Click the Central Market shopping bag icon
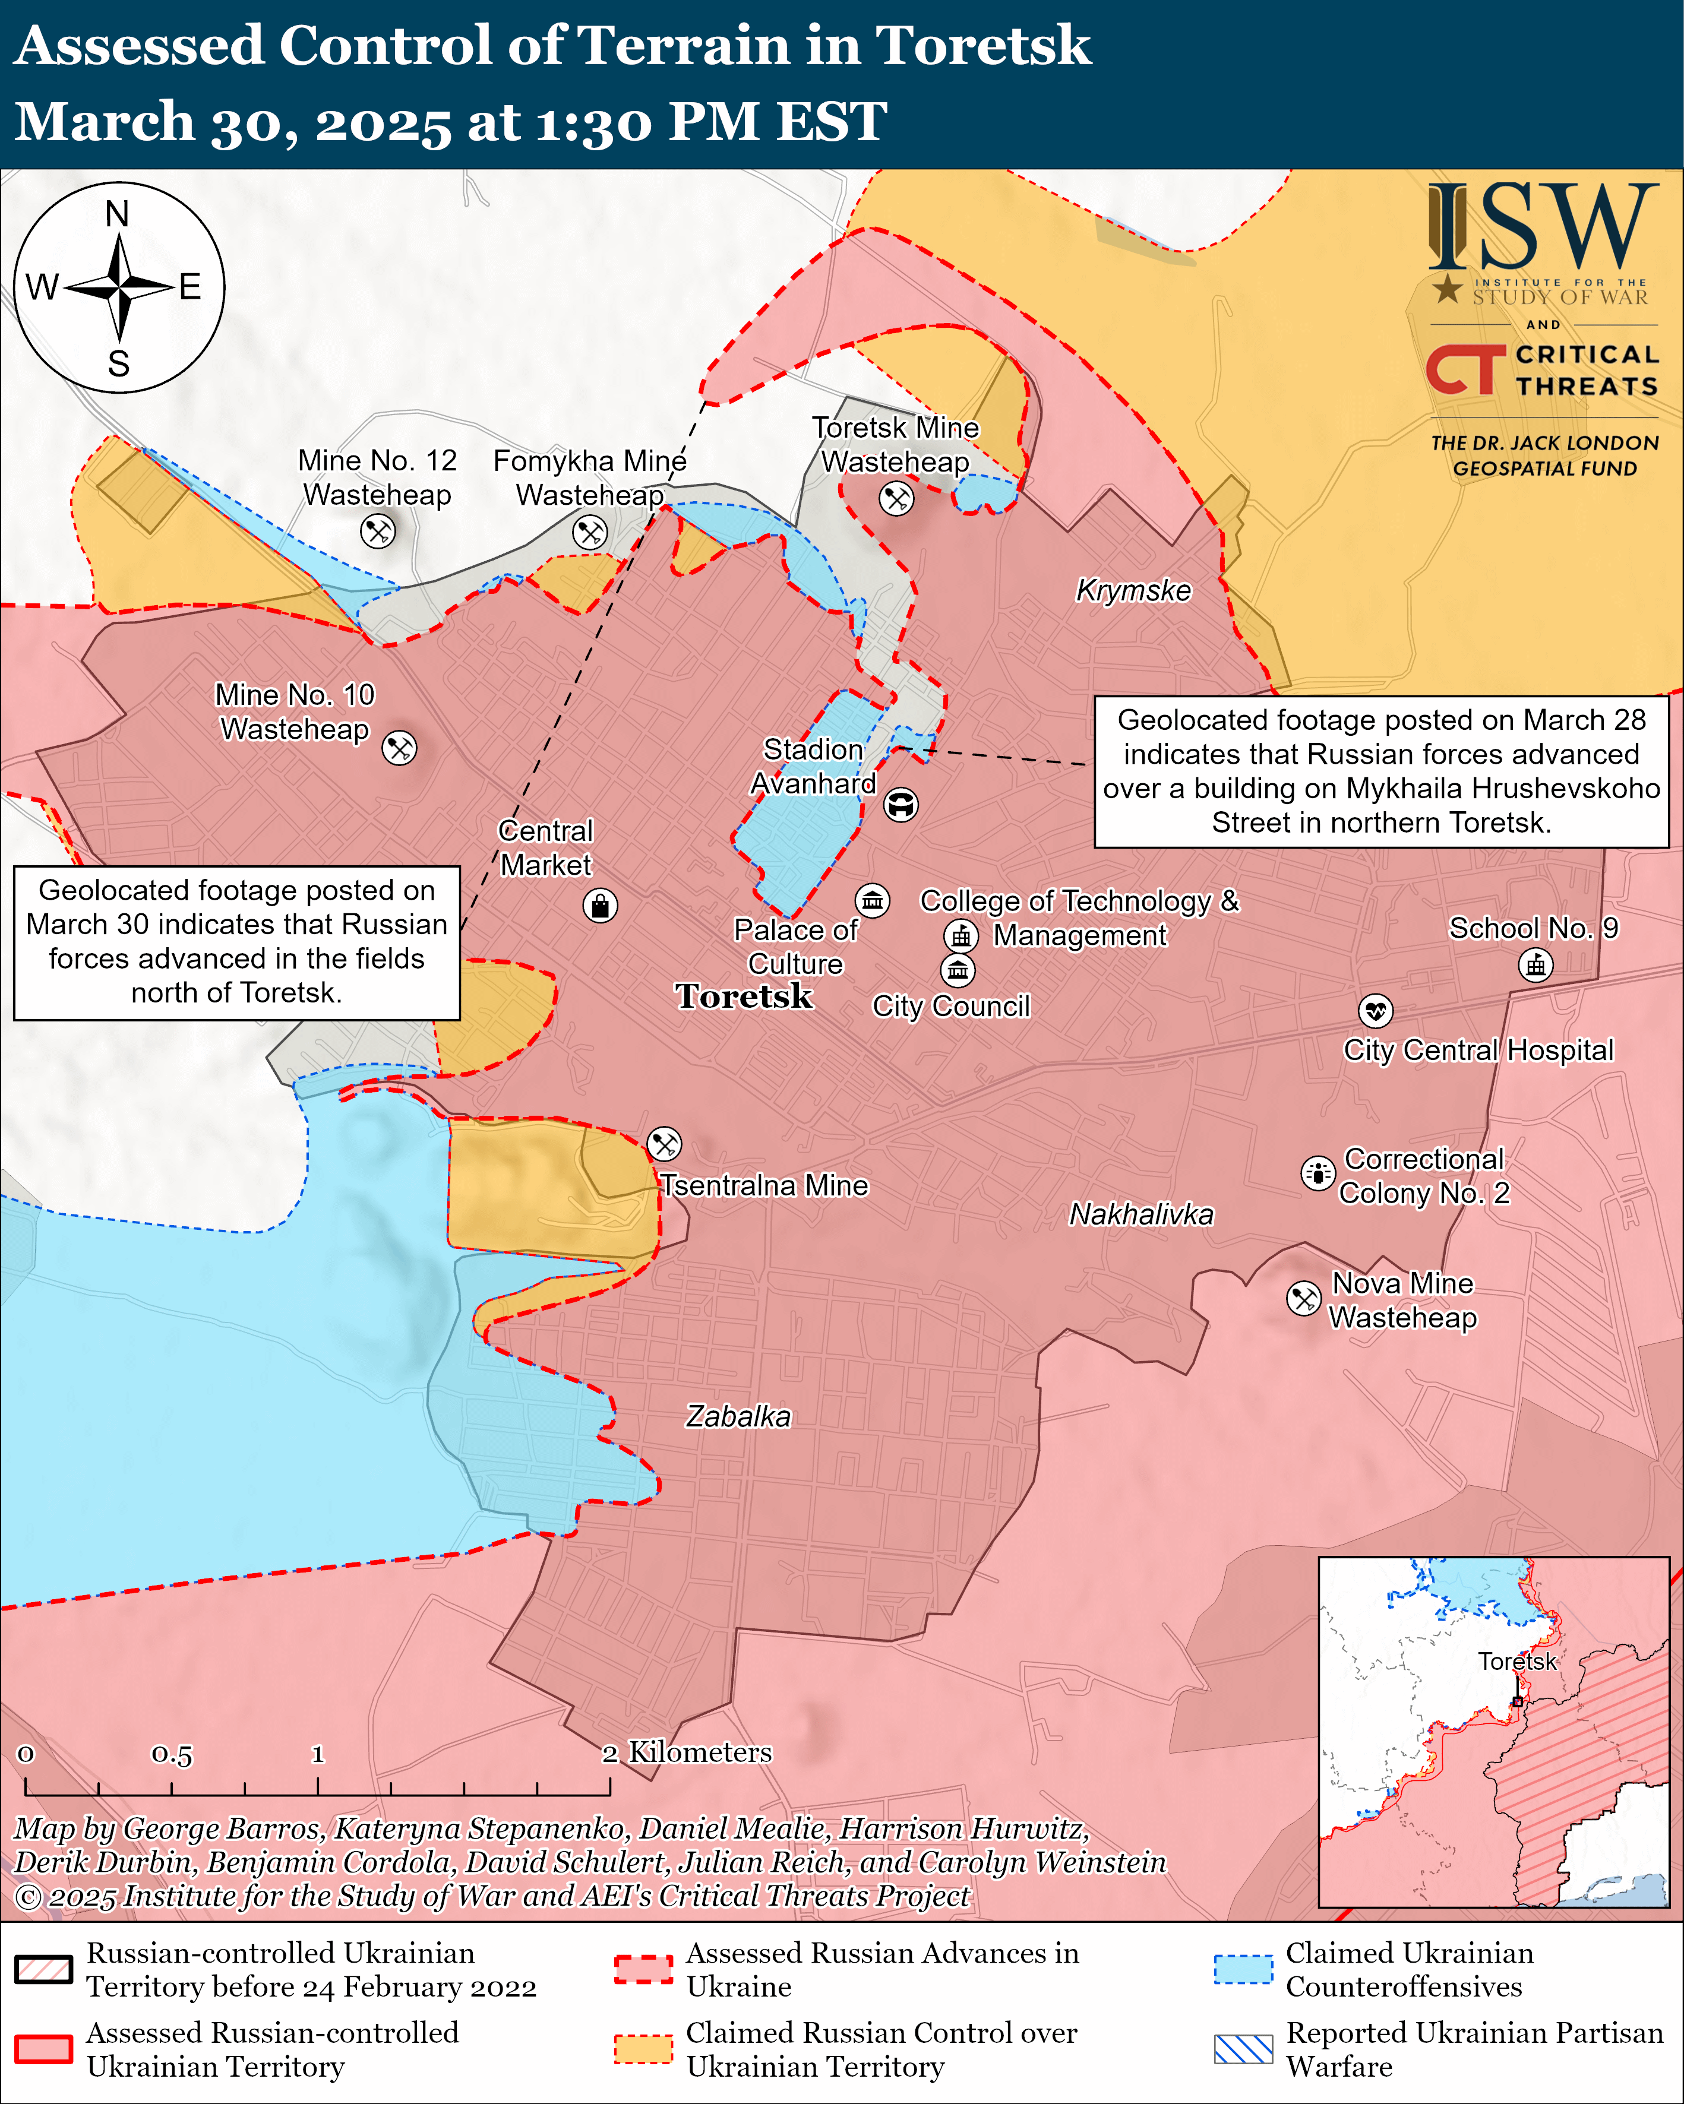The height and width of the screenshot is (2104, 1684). [599, 906]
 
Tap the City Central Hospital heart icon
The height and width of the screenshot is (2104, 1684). [1376, 1010]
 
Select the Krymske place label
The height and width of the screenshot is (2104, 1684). [1133, 590]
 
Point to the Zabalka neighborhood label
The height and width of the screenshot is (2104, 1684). [738, 1416]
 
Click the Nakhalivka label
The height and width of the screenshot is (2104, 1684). [1141, 1214]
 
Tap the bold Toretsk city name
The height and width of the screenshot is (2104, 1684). [744, 996]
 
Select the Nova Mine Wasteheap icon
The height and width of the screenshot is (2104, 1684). [1303, 1298]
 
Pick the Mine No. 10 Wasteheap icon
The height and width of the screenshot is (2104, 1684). [399, 748]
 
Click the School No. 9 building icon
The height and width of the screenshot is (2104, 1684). [1535, 965]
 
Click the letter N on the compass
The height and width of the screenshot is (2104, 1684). [117, 214]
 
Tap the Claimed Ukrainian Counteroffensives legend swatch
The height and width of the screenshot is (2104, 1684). [1243, 1969]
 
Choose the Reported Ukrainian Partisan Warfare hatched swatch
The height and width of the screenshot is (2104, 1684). [1243, 2049]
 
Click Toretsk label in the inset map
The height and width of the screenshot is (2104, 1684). [1516, 1661]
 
